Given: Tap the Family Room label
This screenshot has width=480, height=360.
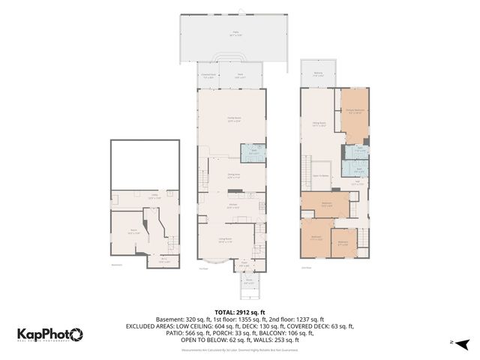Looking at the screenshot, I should point(233,118).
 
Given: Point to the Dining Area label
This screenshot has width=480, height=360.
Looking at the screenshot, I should point(233,176).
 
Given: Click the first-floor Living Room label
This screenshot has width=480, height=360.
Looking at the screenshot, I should point(225,241).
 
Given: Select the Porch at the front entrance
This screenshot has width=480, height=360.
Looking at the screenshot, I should point(249,283).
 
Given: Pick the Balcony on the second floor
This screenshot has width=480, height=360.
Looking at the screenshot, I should point(317,74).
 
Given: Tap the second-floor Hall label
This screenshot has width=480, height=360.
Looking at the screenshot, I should point(358,182).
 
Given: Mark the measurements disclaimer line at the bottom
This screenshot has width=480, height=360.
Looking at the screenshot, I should point(240,349).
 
